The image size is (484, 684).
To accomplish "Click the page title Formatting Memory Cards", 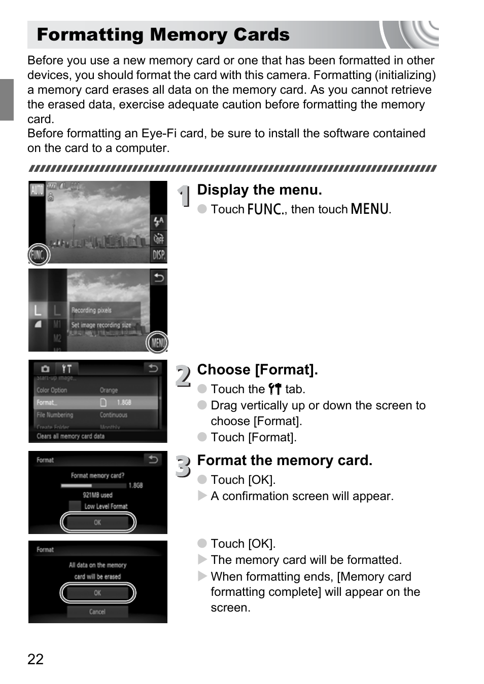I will pos(163,34).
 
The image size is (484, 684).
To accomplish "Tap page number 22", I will pos(36,659).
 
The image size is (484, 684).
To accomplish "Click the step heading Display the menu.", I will pos(259,190).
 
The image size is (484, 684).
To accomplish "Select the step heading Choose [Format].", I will pos(257,370).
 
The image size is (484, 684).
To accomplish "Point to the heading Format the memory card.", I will pos(285,461).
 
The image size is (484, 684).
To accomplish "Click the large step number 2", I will pos(183,376).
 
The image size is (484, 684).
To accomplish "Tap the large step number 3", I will pos(183,467).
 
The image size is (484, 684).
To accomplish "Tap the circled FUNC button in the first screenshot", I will pos(39,255).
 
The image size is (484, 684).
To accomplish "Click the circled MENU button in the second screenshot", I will pos(157,343).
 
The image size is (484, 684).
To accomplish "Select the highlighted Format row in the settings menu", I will pos(96,403).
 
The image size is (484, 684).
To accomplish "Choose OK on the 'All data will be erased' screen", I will pos(97,593).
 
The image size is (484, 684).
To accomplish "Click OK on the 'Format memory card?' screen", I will pos(97,522).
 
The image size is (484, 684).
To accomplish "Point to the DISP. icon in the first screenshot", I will pos(159,255).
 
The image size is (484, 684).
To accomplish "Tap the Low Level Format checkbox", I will pos(75,506).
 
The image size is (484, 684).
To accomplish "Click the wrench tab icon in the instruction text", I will pos(274,389).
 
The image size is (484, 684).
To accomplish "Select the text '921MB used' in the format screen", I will pos(97,495).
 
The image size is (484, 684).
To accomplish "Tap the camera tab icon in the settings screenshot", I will pos(45,369).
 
